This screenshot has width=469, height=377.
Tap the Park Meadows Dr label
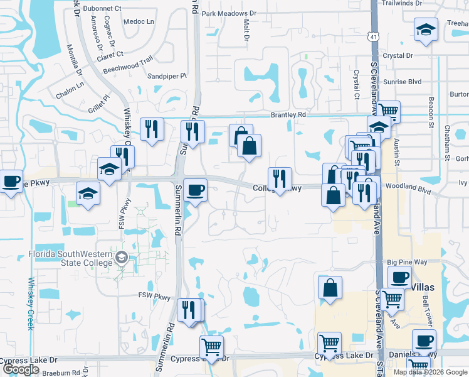click(229, 13)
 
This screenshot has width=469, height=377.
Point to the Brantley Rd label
click(288, 115)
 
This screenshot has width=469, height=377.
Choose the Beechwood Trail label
click(128, 61)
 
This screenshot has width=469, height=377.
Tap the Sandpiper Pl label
click(166, 76)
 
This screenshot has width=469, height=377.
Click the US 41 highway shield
click(374, 38)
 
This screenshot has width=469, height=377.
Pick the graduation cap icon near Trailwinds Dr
click(425, 30)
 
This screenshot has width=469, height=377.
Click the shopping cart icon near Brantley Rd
click(389, 111)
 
